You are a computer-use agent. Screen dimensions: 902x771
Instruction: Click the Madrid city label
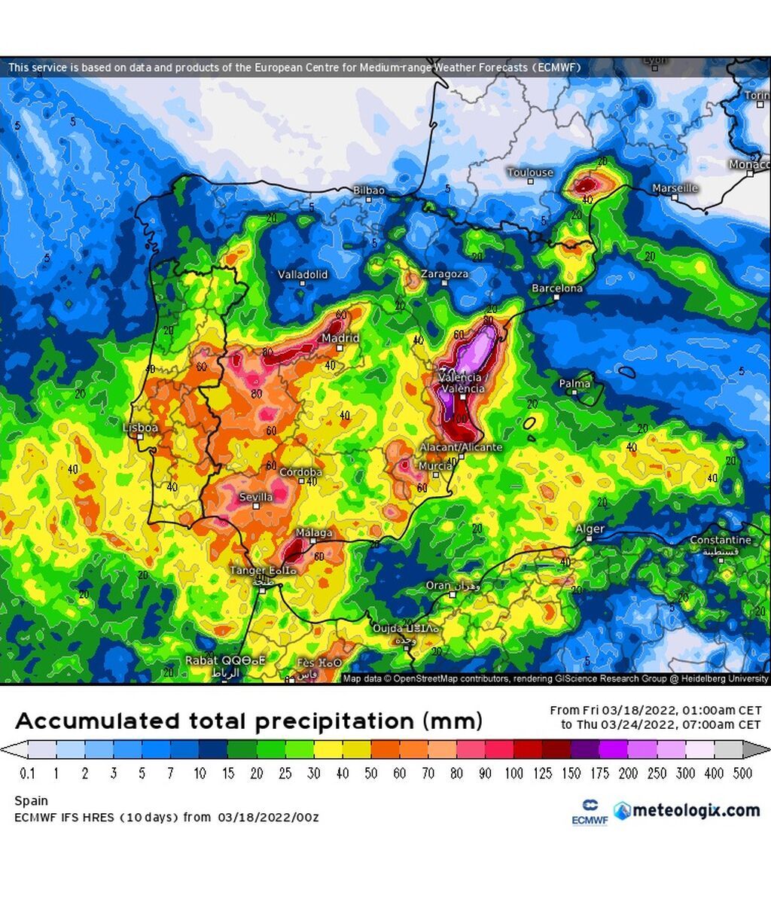[x=340, y=338]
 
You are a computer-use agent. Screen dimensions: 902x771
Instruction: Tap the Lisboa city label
[x=141, y=428]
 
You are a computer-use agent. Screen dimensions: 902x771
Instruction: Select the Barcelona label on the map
[x=556, y=288]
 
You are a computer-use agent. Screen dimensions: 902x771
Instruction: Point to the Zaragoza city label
[x=444, y=274]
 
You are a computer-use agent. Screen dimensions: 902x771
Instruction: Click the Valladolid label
[x=303, y=274]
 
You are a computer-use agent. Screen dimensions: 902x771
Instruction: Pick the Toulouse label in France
[x=530, y=172]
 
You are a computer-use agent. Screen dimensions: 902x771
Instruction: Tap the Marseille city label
[x=675, y=187]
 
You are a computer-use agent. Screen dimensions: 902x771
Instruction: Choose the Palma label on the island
[x=574, y=384]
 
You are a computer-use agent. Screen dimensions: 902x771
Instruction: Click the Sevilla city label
[x=256, y=497]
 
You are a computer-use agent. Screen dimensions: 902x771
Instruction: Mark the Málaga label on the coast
[x=314, y=533]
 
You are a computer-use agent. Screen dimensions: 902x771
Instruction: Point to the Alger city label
[x=590, y=529]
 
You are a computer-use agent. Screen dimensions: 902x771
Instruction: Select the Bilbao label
[x=369, y=190]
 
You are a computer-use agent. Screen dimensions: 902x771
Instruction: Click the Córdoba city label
[x=300, y=472]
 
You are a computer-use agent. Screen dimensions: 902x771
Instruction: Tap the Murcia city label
[x=434, y=466]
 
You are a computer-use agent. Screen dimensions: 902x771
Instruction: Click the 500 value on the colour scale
[x=742, y=773]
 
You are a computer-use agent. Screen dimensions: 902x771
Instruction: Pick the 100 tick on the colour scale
[x=513, y=773]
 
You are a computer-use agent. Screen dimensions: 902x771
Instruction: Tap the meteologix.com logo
[x=687, y=810]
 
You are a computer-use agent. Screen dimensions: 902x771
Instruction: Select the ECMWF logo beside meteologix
[x=590, y=812]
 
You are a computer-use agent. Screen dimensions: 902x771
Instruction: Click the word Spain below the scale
[x=31, y=801]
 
